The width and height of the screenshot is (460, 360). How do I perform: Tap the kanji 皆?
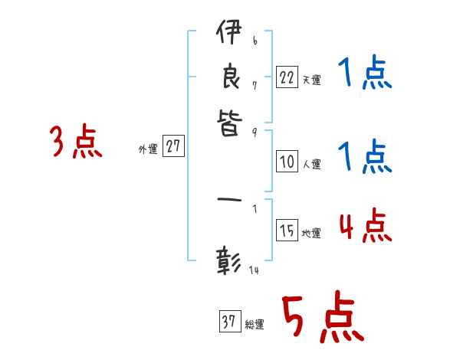pyautogui.click(x=228, y=123)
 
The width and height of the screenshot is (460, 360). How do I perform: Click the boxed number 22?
pyautogui.click(x=287, y=77)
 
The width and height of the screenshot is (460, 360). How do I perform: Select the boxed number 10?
pyautogui.click(x=287, y=162)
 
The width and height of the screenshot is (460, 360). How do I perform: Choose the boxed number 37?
pyautogui.click(x=228, y=322)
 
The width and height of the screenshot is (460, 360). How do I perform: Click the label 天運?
pyautogui.click(x=310, y=80)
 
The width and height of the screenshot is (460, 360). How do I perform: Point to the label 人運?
pyautogui.click(x=310, y=164)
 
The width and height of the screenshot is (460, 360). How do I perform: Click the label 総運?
pyautogui.click(x=254, y=325)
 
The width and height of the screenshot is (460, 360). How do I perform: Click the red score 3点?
pyautogui.click(x=76, y=142)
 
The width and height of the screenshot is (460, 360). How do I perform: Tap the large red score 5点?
pyautogui.click(x=321, y=319)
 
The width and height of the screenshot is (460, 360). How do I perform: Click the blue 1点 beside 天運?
pyautogui.click(x=364, y=75)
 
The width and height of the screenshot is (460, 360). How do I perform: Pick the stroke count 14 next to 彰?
pyautogui.click(x=254, y=270)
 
